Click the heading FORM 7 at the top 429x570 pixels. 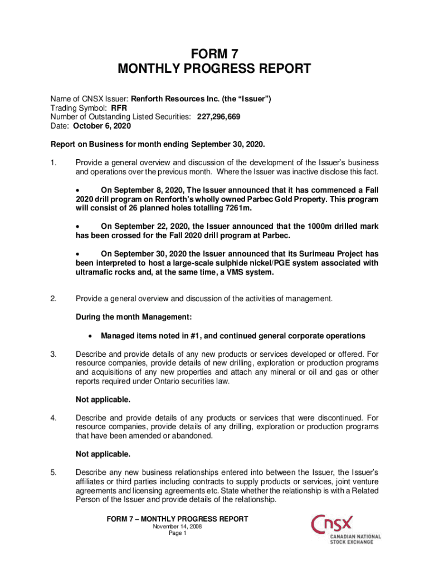point(214,54)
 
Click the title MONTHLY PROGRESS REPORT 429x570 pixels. point(214,69)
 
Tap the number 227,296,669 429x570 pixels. point(219,117)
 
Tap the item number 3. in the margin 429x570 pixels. point(53,353)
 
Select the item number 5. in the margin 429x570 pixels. point(53,473)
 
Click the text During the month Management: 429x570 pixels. point(134,317)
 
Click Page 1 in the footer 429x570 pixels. point(177,533)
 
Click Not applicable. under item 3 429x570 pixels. point(103,400)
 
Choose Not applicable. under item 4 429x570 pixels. point(103,454)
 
